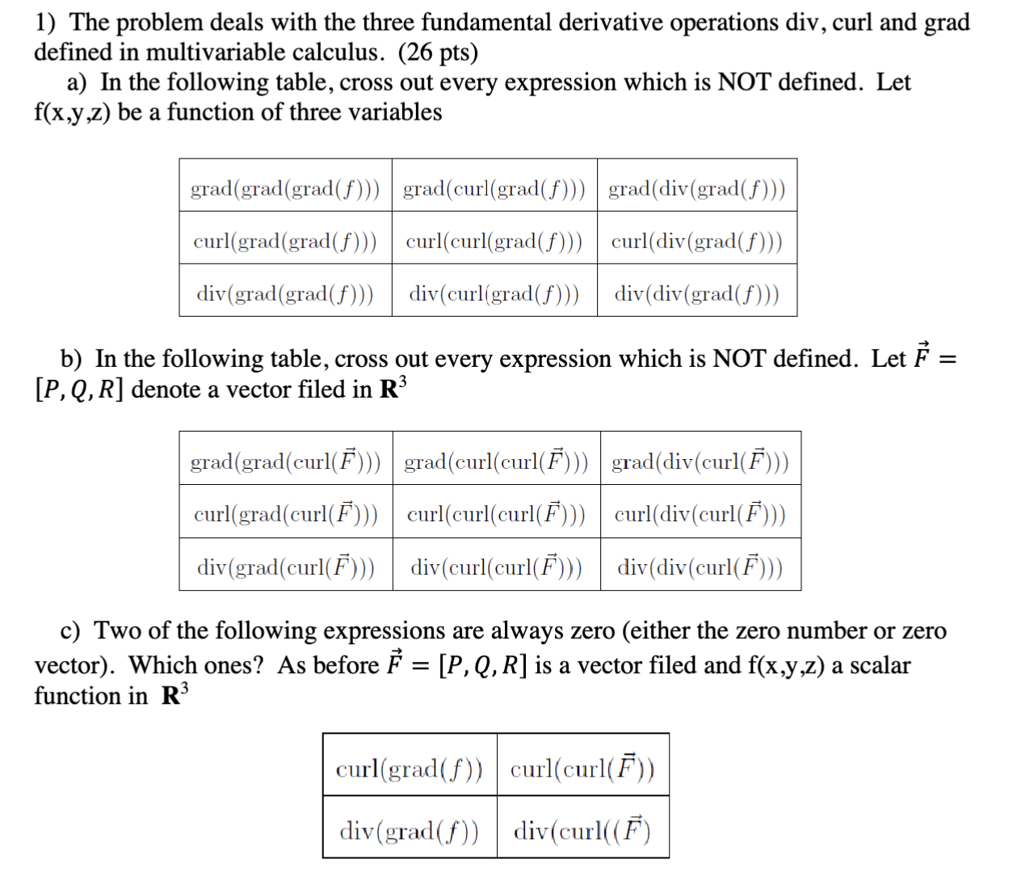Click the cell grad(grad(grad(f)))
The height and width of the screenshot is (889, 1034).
point(285,189)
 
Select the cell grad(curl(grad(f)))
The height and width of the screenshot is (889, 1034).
point(494,189)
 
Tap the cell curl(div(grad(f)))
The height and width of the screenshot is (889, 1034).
point(697,241)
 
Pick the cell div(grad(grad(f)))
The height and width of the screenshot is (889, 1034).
point(285,293)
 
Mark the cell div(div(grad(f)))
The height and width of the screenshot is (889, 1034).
point(697,293)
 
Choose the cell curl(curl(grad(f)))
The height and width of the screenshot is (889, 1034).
point(494,241)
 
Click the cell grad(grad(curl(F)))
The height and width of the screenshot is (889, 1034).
point(285,461)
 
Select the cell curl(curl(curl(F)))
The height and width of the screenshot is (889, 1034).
point(496,514)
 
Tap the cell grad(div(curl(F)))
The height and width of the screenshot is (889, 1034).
point(700,461)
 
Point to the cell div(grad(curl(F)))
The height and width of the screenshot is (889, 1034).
point(285,567)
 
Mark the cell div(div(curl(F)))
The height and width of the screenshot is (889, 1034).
point(700,567)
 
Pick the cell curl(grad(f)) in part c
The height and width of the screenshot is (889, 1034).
point(410,768)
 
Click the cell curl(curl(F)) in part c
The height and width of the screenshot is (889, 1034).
point(582,767)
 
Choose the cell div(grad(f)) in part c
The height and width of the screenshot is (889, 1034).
point(410,830)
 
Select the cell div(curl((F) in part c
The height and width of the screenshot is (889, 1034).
point(582,830)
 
